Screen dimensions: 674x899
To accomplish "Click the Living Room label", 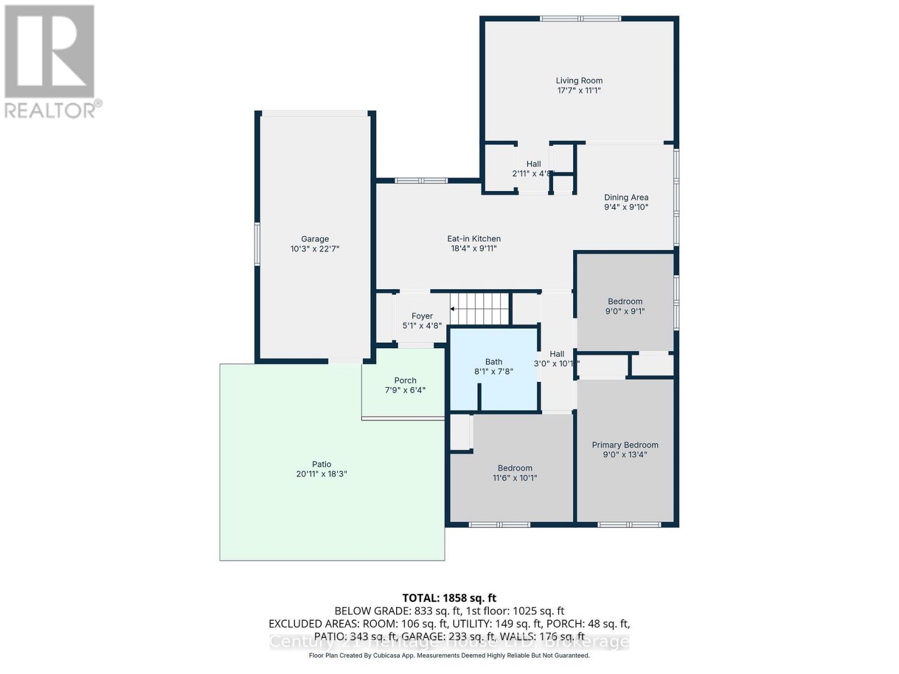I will pos(579,81).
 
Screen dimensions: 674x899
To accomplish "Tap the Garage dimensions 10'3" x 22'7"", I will pos(315,249).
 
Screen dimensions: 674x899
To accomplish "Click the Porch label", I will pos(405,380).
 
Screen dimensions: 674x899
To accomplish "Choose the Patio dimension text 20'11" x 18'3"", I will pos(321,474).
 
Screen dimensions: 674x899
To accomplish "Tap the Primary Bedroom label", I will pos(625,445).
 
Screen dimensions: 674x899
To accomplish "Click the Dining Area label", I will pos(626,197).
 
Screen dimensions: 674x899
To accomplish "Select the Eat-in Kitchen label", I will pos(474,239).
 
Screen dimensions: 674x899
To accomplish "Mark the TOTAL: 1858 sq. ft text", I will pos(449,598).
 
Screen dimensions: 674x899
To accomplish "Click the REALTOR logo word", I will pos(53,110).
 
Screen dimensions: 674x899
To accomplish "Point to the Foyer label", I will pos(422,316).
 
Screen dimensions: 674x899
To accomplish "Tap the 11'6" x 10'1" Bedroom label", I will pos(515,468).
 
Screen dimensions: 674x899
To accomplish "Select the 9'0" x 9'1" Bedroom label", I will pos(625,302).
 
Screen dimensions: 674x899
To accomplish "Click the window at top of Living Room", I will pos(580,19).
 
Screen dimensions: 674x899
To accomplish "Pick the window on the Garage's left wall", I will pos(257,243).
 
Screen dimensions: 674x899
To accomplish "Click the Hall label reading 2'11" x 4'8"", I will pos(533,164).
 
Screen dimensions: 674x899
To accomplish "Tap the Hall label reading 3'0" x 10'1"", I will pos(557,354).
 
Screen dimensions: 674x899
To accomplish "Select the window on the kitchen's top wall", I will pos(420,180).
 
